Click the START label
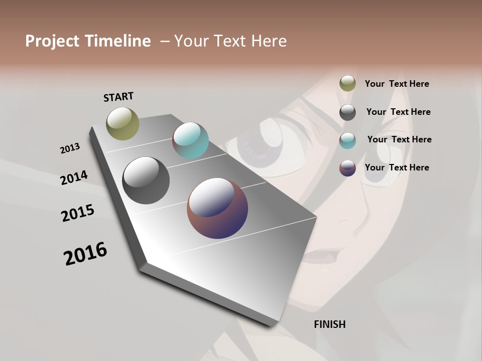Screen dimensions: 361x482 118,97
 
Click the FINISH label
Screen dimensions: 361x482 329,324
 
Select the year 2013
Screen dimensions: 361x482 70,148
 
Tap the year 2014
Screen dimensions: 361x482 74,178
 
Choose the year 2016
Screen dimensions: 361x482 85,254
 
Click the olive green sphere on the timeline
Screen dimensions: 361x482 123,123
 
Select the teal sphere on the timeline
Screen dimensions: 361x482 190,140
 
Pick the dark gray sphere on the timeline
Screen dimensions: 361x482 146,180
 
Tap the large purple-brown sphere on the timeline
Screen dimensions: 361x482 217,208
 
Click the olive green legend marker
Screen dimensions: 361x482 347,83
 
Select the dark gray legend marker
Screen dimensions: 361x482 347,112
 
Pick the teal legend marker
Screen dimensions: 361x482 347,140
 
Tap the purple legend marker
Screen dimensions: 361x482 347,168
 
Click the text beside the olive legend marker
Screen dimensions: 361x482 397,84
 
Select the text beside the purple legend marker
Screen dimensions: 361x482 397,167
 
